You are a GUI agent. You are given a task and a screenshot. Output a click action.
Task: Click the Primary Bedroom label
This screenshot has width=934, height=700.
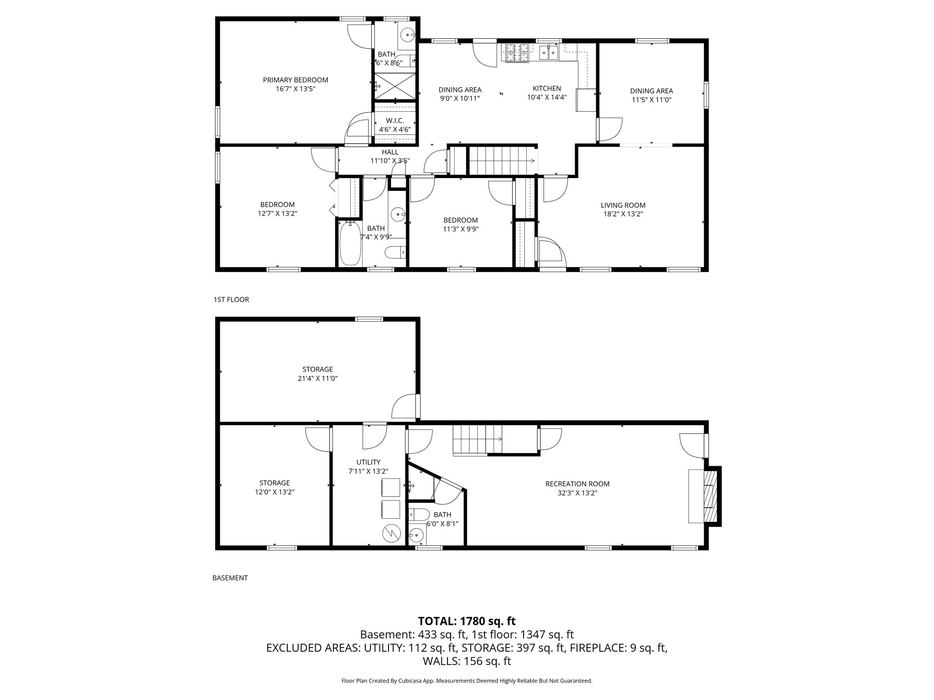(295, 80)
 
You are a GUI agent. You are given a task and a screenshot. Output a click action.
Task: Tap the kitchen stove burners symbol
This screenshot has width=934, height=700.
(516, 52)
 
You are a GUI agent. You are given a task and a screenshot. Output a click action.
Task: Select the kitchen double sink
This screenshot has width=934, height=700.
(549, 53)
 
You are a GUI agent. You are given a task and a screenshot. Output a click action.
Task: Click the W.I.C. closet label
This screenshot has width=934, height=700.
(394, 121)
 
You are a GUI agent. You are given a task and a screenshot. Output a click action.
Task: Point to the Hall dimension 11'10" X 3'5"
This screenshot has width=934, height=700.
(390, 160)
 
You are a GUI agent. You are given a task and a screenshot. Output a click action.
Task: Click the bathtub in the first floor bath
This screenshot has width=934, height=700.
(350, 243)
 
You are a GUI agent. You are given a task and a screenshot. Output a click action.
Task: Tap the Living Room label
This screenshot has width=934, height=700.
(623, 206)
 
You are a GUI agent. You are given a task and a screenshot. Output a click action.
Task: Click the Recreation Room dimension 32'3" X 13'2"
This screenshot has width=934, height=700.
(577, 492)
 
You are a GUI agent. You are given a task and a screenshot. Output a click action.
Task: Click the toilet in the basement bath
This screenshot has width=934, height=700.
(419, 515)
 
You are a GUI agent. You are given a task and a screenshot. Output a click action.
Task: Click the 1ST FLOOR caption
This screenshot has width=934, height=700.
(231, 299)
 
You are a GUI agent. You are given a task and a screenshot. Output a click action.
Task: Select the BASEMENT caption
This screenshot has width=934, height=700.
(230, 578)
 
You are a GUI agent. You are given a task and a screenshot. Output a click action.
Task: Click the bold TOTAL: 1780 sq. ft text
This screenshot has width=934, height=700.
(467, 621)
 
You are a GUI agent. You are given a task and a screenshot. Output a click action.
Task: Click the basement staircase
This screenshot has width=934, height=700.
(477, 439)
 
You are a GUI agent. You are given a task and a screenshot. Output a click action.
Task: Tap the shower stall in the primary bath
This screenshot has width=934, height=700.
(395, 86)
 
